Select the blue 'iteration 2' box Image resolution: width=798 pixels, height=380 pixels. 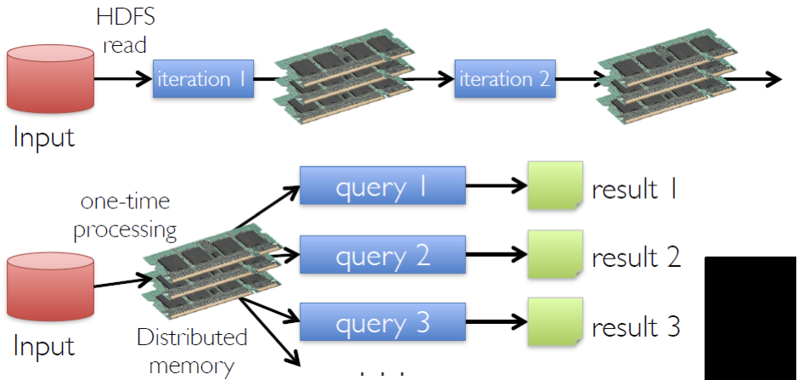[504, 80]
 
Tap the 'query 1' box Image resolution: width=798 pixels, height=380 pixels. [382, 185]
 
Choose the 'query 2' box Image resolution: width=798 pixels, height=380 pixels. [382, 255]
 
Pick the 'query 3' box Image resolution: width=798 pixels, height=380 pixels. [382, 323]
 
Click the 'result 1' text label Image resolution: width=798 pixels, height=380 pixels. [636, 188]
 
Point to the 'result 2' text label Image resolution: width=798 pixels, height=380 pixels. [636, 256]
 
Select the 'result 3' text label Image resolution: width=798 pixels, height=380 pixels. [636, 326]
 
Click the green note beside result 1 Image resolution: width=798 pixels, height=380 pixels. [554, 185]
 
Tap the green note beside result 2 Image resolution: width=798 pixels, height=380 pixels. [554, 255]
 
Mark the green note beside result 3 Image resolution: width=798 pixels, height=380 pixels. [554, 323]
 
